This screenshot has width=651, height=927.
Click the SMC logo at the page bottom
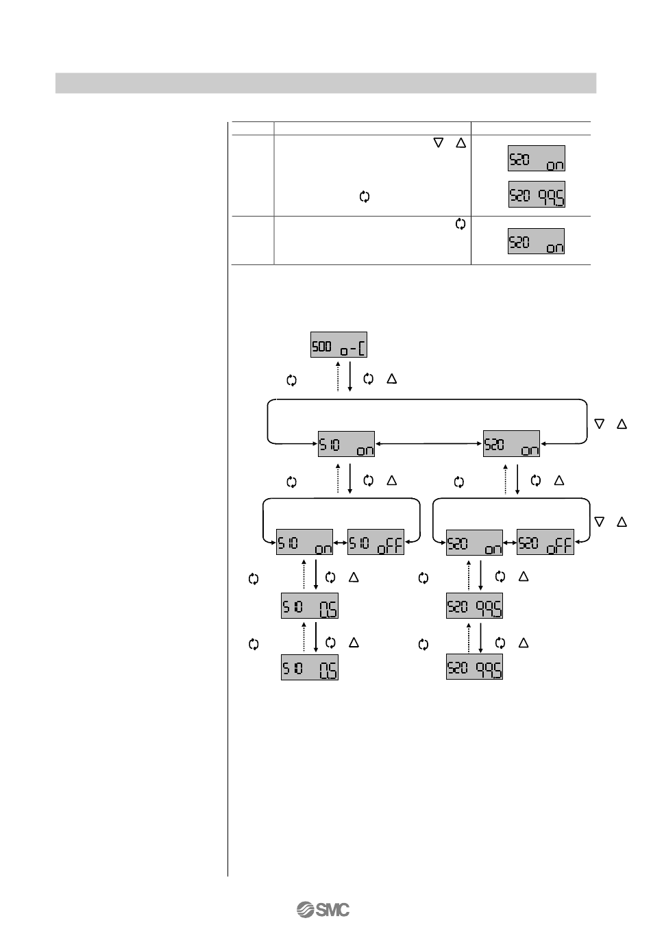tap(323, 910)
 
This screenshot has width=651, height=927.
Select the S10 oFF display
tap(376, 543)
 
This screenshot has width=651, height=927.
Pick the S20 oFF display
tap(545, 543)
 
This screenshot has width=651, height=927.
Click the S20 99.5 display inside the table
tap(537, 195)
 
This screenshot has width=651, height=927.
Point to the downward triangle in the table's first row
tap(439, 143)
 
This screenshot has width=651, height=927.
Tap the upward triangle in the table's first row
tap(460, 143)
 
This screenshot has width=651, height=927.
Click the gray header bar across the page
tap(325, 83)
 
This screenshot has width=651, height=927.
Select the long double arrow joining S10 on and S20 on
tap(429, 444)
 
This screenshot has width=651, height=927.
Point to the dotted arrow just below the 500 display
tap(337, 376)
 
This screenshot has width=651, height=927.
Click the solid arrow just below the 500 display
tap(350, 376)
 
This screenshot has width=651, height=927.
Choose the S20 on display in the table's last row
tap(537, 241)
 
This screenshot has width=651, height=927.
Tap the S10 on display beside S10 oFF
tap(304, 543)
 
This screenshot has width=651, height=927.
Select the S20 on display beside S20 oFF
tap(474, 543)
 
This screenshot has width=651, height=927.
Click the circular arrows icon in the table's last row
tap(460, 224)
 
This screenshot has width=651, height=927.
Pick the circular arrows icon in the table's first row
tap(364, 197)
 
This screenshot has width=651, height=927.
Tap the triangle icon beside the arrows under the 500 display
tap(392, 378)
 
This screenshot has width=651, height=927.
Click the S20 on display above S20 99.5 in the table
tap(537, 158)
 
